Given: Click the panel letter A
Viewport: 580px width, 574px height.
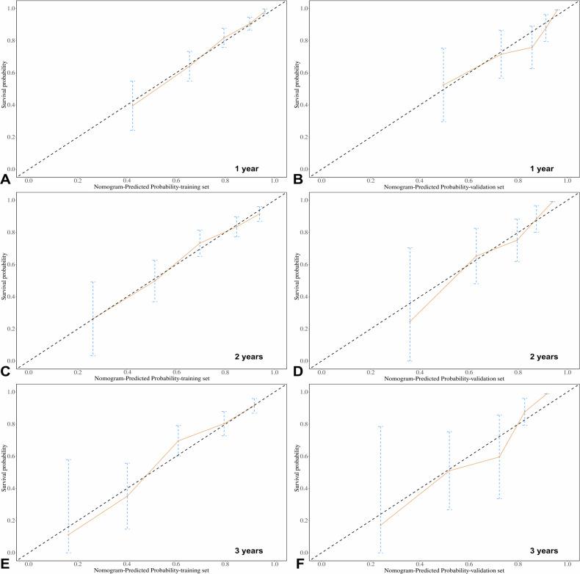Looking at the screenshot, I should tap(6, 178).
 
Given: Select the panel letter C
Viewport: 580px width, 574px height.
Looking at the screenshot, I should tap(6, 371).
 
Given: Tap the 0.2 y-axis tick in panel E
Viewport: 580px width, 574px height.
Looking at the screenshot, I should tap(10, 520).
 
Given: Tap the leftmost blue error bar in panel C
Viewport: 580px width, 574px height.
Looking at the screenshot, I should tap(93, 319).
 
